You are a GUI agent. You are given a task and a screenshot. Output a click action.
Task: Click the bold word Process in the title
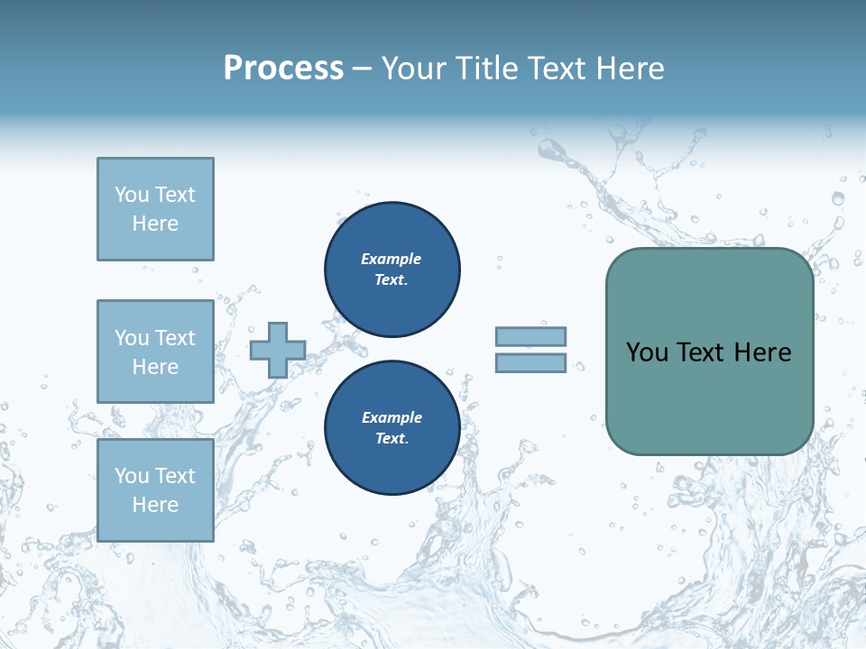[x=283, y=69]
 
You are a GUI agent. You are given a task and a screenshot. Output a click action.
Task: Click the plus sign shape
[x=278, y=350]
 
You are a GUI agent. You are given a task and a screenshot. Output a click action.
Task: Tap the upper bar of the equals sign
[x=530, y=336]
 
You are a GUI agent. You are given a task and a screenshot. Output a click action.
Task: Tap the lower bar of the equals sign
[x=530, y=363]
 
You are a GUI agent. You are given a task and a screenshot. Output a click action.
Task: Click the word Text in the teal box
[x=702, y=352]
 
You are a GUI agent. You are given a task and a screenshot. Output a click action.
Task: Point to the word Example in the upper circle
[x=392, y=259]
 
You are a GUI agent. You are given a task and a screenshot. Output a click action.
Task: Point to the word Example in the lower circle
[x=392, y=417]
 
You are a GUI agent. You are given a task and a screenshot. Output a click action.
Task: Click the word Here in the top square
[x=155, y=224]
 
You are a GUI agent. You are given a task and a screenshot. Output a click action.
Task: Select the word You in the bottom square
[x=132, y=476]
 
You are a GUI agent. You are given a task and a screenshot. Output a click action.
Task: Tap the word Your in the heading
[x=414, y=69]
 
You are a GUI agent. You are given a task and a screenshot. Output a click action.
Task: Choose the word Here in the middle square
[x=155, y=367]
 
